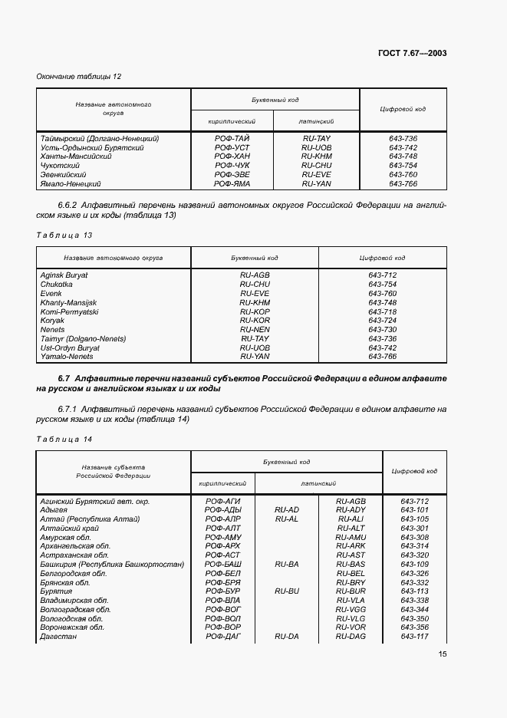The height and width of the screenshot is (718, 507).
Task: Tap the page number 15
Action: click(x=443, y=654)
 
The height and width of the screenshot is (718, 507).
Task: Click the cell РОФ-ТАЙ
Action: click(x=232, y=138)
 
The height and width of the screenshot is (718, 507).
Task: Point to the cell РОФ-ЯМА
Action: click(x=232, y=184)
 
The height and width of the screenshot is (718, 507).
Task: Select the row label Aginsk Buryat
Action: click(x=64, y=275)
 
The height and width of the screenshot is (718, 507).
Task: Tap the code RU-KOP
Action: click(x=255, y=311)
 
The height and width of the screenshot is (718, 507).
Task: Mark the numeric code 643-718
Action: click(x=381, y=311)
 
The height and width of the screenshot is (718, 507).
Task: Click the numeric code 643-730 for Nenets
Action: click(x=381, y=330)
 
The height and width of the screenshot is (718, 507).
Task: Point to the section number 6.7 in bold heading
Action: click(x=64, y=379)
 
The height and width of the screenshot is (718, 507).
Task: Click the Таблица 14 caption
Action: click(x=64, y=439)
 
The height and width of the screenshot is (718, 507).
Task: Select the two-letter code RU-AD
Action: click(x=286, y=509)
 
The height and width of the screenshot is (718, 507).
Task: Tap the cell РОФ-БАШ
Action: click(x=223, y=564)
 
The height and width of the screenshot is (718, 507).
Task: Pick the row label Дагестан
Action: click(x=58, y=637)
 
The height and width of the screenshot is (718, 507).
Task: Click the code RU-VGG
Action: click(x=351, y=609)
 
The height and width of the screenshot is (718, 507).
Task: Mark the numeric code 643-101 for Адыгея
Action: click(x=414, y=509)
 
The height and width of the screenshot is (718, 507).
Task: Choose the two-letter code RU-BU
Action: click(x=286, y=591)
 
